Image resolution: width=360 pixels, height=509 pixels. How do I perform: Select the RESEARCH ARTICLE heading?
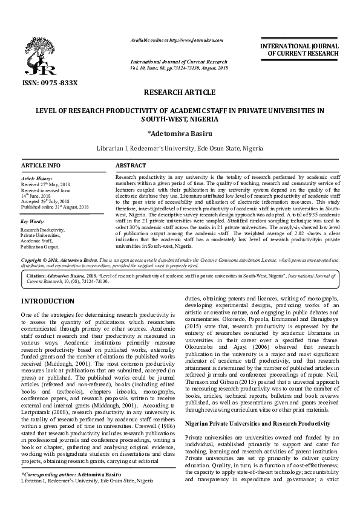180,92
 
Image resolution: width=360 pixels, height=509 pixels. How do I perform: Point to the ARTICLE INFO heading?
41,165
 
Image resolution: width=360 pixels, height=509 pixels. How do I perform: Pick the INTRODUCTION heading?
48,300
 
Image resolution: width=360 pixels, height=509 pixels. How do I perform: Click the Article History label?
38,180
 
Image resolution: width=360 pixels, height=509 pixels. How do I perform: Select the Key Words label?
33,221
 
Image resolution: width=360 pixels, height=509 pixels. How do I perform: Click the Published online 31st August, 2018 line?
54,207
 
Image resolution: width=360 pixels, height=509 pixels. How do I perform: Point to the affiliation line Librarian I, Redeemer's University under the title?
180,148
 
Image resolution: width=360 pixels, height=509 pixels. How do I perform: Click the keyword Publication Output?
40,247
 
